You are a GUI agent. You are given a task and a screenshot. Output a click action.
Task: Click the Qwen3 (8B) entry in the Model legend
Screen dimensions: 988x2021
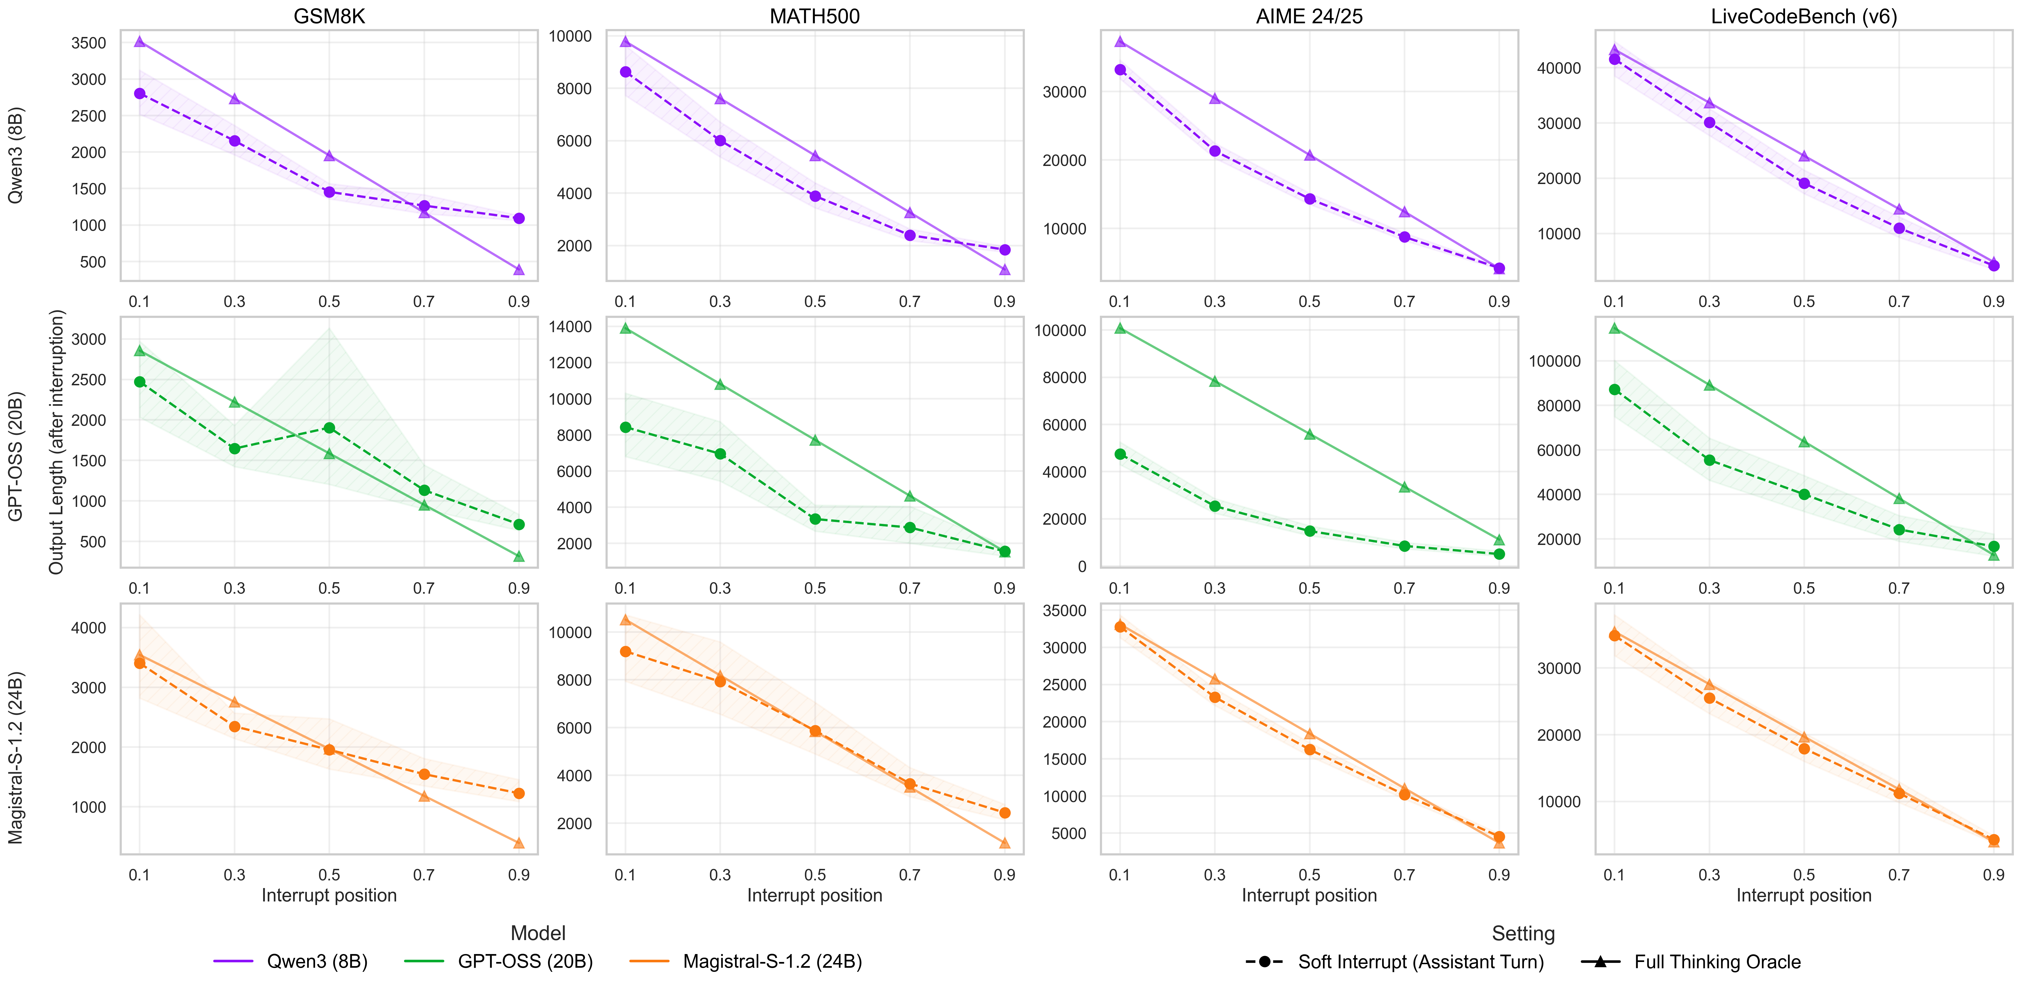point(317,961)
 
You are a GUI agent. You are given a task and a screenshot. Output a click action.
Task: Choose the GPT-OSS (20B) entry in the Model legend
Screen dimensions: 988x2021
point(525,961)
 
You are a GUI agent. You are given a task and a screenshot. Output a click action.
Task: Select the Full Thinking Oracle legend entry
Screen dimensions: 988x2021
point(1717,961)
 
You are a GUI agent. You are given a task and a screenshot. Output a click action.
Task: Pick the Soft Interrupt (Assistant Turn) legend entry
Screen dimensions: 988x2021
point(1420,961)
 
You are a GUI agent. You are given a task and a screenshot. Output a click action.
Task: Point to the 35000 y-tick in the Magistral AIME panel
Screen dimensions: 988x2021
point(1064,611)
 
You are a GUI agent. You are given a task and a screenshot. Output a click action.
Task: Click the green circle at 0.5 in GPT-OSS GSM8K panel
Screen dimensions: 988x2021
point(330,428)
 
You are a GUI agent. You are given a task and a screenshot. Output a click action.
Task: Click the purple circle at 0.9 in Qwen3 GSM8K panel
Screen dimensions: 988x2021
point(518,218)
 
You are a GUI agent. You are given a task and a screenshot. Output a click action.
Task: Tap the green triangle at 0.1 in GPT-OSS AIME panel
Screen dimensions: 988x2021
point(1120,328)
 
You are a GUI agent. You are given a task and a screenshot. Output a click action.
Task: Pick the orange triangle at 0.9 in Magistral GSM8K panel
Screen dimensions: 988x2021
point(518,843)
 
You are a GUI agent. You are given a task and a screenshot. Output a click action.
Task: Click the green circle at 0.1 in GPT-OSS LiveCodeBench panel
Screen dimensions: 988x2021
point(1615,389)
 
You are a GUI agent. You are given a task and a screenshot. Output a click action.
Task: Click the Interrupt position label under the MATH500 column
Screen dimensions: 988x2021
point(814,895)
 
